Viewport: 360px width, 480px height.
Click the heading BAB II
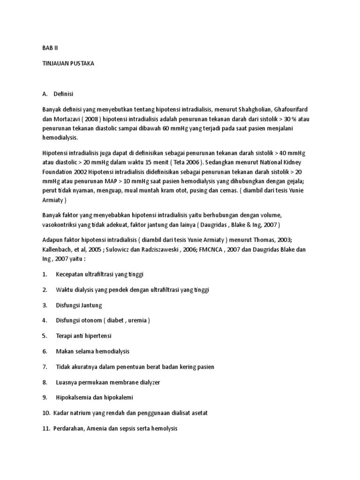click(49, 48)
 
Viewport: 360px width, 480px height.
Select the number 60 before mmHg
click(167, 128)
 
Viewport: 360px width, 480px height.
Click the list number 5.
click(45, 336)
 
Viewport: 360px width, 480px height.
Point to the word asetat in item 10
click(199, 413)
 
